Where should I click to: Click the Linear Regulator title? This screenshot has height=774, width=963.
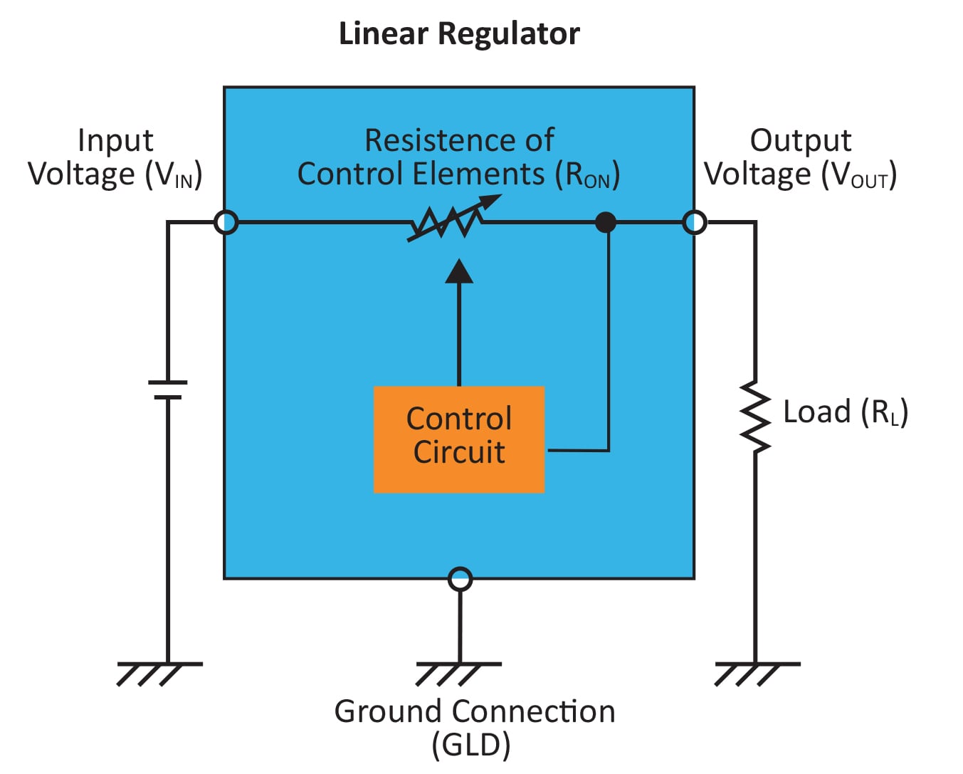pyautogui.click(x=459, y=33)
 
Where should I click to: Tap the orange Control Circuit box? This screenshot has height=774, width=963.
pyautogui.click(x=459, y=439)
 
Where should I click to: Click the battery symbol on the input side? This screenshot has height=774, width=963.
pyautogui.click(x=168, y=389)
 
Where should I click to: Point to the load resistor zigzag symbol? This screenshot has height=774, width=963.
pyautogui.click(x=755, y=418)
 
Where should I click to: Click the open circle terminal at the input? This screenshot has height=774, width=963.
pyautogui.click(x=226, y=222)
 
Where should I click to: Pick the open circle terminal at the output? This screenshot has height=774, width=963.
pyautogui.click(x=695, y=222)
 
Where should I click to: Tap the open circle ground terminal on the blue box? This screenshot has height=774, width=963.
pyautogui.click(x=461, y=579)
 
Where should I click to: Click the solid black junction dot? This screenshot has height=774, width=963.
pyautogui.click(x=605, y=222)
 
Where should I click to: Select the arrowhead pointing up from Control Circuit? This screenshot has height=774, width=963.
pyautogui.click(x=459, y=272)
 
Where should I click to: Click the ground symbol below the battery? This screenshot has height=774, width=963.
pyautogui.click(x=158, y=672)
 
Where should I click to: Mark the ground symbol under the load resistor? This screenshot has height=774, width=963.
pyautogui.click(x=755, y=672)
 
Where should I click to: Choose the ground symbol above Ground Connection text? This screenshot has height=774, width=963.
pyautogui.click(x=457, y=672)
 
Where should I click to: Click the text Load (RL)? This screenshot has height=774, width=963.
pyautogui.click(x=845, y=412)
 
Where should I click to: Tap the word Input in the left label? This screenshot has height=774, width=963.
pyautogui.click(x=115, y=140)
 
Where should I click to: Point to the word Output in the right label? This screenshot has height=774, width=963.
pyautogui.click(x=801, y=140)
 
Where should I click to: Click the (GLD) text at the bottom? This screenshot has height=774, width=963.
pyautogui.click(x=471, y=746)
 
